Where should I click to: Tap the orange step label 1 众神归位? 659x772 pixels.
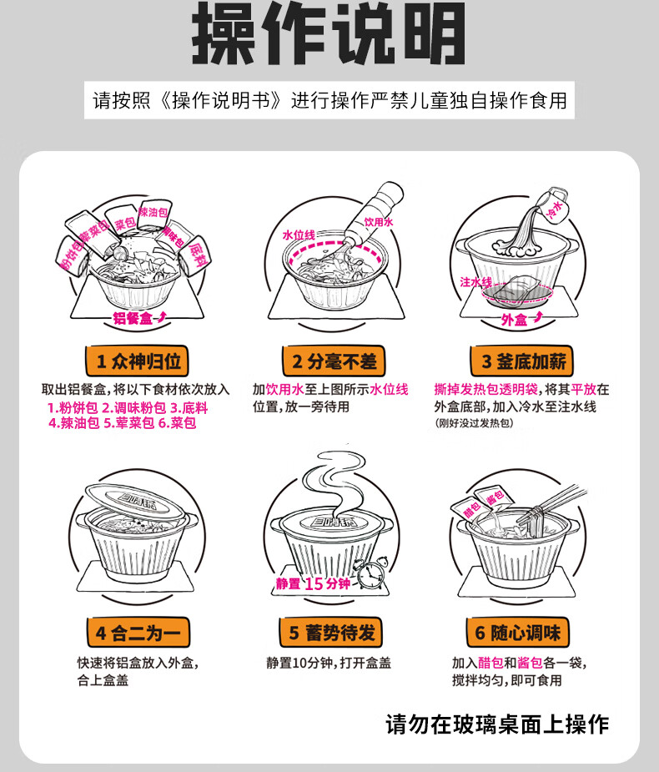coord(138,361)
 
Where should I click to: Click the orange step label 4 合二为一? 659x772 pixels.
coord(138,632)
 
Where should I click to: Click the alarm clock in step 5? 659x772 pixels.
coord(368,576)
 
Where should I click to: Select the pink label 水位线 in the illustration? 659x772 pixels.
coord(299,236)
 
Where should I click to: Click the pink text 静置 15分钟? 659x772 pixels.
coord(314,583)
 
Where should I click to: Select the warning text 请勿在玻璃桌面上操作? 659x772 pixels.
coord(497,724)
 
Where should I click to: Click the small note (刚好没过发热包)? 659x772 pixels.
coord(473,424)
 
